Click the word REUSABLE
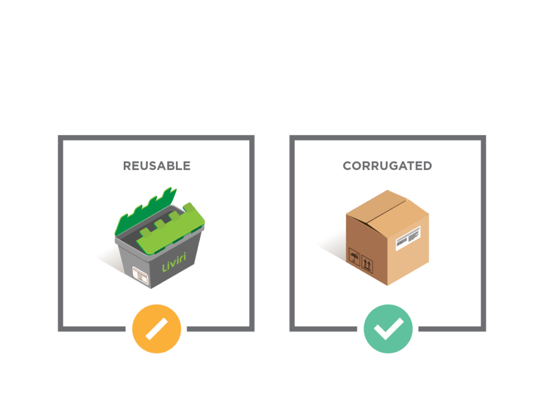(x=156, y=166)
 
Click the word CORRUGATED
(x=387, y=166)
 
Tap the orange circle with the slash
(x=157, y=329)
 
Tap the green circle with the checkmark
(x=388, y=329)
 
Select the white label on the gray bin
(x=140, y=275)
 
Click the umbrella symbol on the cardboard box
(x=353, y=259)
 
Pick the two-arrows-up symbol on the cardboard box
(x=367, y=263)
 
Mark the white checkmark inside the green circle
(x=388, y=330)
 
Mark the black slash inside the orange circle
(x=157, y=329)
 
